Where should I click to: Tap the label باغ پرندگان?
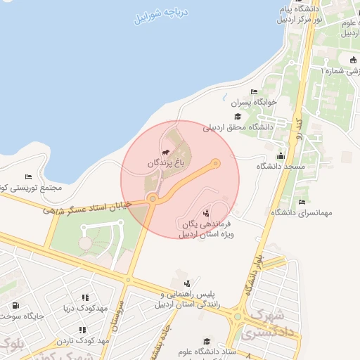point(169,162)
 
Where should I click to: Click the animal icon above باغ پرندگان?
point(165,151)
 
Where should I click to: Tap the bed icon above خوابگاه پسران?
point(254,92)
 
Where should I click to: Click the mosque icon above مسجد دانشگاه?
point(281,156)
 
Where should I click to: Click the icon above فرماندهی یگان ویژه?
point(206,212)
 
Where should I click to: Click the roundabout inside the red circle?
point(153,199)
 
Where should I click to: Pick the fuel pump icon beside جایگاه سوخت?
point(15,306)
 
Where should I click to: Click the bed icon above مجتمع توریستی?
point(29,176)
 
